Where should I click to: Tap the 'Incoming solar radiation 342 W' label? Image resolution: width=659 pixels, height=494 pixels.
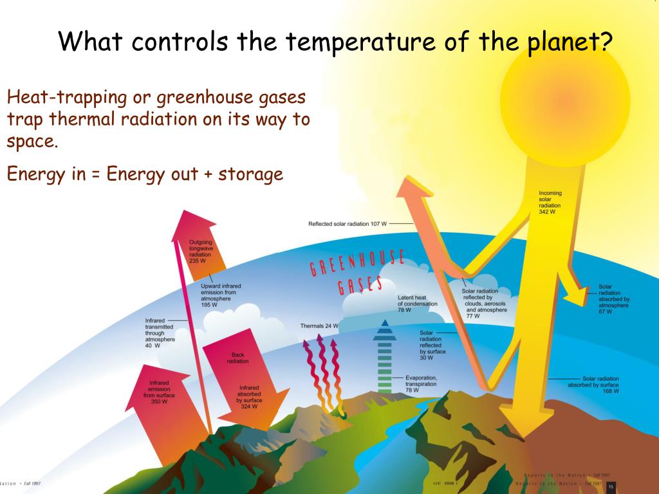click(550, 202)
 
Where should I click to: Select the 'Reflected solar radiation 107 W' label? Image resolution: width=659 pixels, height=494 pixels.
click(348, 224)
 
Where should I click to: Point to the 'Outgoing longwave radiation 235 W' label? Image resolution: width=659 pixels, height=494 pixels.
click(201, 252)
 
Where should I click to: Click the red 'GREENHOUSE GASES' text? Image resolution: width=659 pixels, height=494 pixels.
click(357, 273)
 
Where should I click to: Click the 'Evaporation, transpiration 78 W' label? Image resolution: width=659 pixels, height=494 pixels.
click(422, 384)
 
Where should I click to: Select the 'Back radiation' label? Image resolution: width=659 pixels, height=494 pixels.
click(237, 358)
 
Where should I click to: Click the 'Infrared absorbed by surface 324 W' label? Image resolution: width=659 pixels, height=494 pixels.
click(249, 397)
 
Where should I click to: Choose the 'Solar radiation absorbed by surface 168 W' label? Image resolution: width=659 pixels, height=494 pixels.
click(593, 385)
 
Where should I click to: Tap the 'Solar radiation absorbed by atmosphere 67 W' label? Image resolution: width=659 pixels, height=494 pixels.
click(614, 299)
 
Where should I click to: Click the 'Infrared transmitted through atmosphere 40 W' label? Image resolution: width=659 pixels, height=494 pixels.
click(160, 333)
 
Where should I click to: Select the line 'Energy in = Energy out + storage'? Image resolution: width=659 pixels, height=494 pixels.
click(145, 174)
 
